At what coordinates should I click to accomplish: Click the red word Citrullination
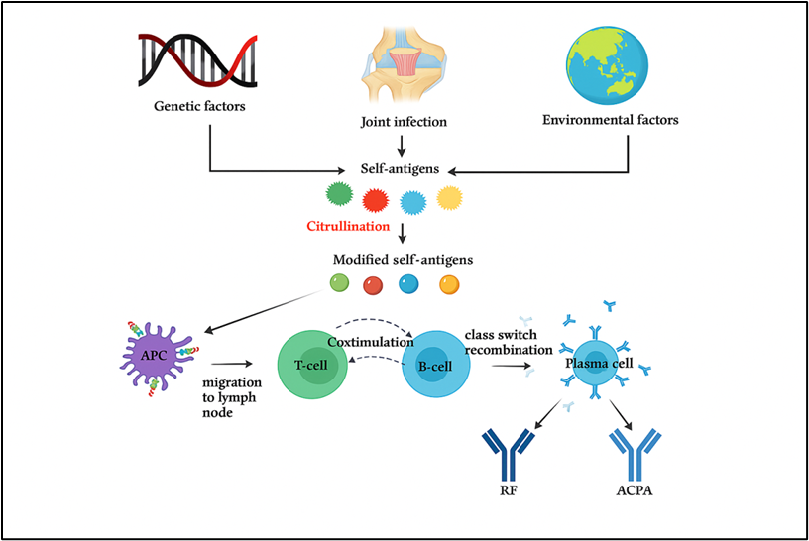(x=347, y=228)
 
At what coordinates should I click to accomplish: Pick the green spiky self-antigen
(x=337, y=196)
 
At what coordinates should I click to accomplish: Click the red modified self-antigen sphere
(x=373, y=285)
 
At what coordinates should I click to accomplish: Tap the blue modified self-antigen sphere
(x=408, y=285)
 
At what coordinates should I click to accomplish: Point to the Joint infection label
(x=404, y=123)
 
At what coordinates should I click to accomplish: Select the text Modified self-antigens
(x=403, y=259)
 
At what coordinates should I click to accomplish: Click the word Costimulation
(x=369, y=341)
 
